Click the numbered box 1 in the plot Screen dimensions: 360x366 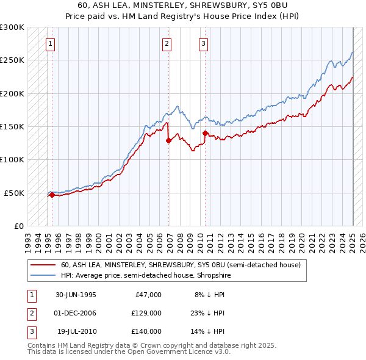49,43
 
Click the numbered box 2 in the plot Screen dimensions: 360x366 167,43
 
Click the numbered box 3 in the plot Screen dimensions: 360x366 203,43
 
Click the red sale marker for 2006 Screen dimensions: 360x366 168,140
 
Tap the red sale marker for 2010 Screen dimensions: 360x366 205,133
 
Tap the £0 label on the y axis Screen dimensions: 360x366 18,226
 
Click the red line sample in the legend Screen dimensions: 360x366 43,265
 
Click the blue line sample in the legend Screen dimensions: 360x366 43,275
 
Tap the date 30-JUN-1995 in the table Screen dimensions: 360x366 76,295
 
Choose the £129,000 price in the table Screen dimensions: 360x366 146,313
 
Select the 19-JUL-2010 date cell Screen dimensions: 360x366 77,331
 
